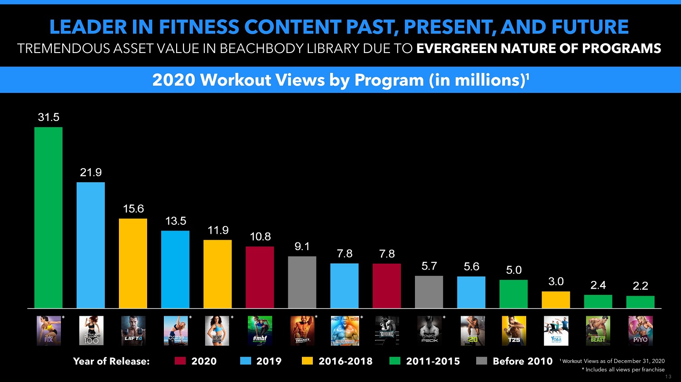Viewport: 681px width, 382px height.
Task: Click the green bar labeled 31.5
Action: pyautogui.click(x=49, y=218)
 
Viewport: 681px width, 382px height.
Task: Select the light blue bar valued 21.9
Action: pyautogui.click(x=91, y=245)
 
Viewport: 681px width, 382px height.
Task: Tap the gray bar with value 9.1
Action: pyautogui.click(x=302, y=282)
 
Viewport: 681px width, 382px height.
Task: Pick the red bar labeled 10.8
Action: pyautogui.click(x=260, y=277)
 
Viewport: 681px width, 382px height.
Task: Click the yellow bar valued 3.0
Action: pyautogui.click(x=556, y=300)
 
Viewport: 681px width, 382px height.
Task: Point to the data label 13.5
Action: pyautogui.click(x=176, y=221)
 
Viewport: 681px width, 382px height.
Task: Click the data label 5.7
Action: pyautogui.click(x=429, y=266)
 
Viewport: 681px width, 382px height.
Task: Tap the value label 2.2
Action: pyautogui.click(x=640, y=286)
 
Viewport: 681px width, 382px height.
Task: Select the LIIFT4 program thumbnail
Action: pyautogui.click(x=133, y=331)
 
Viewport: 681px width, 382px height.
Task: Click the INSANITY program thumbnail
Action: pyautogui.click(x=302, y=331)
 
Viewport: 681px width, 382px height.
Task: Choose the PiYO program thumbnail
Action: pyautogui.click(x=640, y=331)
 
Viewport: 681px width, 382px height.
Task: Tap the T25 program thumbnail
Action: pyautogui.click(x=514, y=331)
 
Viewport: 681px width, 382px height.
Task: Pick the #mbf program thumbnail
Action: pyautogui.click(x=260, y=331)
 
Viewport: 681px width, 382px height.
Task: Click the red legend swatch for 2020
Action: pyautogui.click(x=181, y=361)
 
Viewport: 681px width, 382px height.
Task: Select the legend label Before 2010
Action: pyautogui.click(x=523, y=361)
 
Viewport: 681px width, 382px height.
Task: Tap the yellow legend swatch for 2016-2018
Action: pyautogui.click(x=307, y=361)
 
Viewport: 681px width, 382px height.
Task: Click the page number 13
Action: pyautogui.click(x=668, y=377)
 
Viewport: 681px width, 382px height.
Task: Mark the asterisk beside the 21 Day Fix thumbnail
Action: pyautogui.click(x=63, y=318)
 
